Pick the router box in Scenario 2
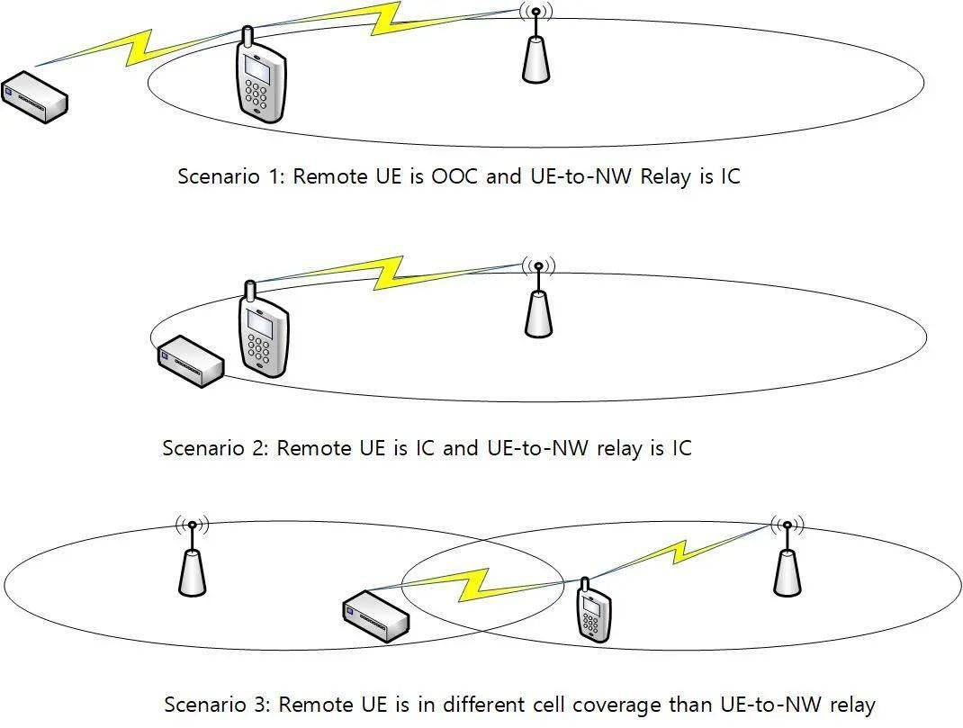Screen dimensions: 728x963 click(190, 361)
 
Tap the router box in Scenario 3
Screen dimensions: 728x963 click(376, 614)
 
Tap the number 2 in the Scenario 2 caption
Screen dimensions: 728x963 click(261, 447)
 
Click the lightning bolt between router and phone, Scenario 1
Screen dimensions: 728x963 click(144, 49)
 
